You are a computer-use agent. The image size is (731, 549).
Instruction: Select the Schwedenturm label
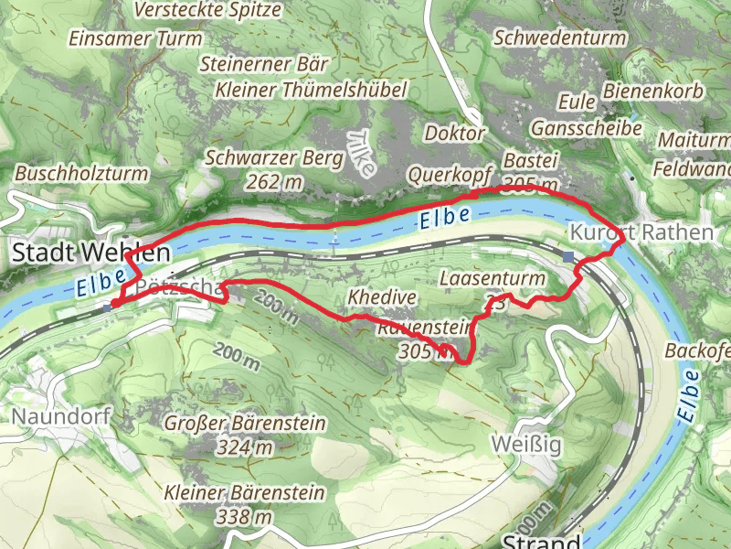tap(560, 38)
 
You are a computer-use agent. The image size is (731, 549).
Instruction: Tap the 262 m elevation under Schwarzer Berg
tap(274, 182)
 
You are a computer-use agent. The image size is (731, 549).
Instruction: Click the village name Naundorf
tap(61, 417)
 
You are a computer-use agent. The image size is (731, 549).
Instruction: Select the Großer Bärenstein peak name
tap(246, 424)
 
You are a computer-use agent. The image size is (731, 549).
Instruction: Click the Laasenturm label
tap(492, 277)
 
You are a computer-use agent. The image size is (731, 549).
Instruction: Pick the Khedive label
tap(382, 297)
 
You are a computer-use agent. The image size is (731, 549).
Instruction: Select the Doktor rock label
tap(455, 133)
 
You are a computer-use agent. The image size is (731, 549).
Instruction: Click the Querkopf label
tap(450, 174)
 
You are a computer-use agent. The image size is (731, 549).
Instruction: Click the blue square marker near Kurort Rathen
tap(569, 257)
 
